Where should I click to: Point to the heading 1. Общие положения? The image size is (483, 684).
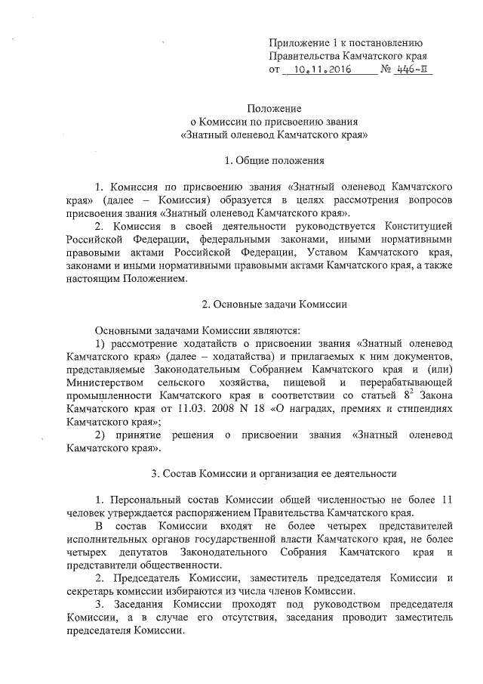click(x=274, y=160)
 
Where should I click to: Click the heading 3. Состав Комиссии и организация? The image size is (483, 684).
click(x=274, y=474)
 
